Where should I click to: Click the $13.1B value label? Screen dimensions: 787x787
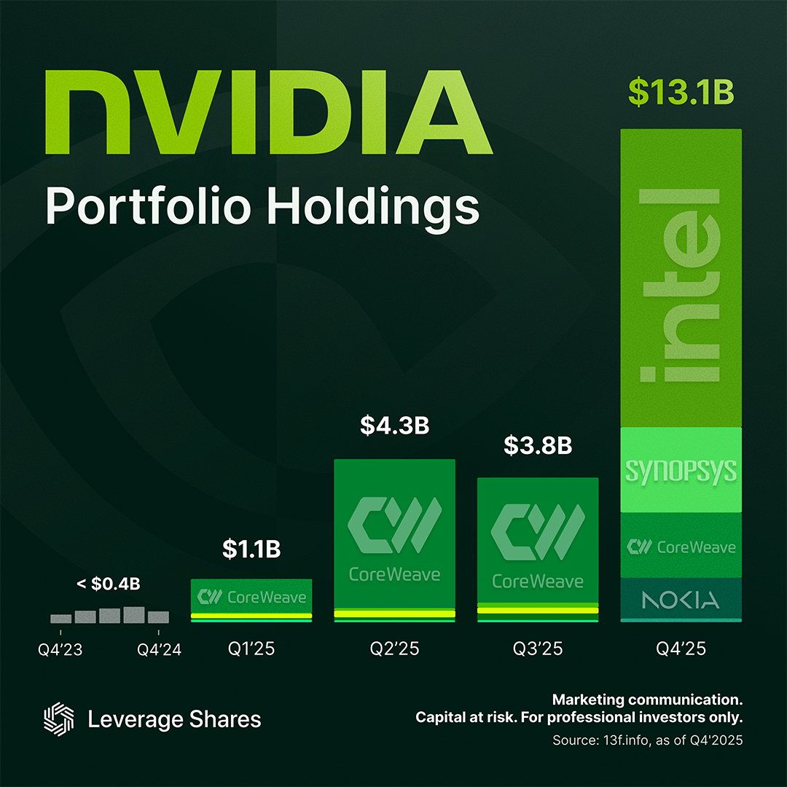tap(680, 93)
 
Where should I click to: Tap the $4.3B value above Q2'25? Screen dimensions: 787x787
tap(394, 426)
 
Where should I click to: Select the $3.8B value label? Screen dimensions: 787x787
tap(538, 446)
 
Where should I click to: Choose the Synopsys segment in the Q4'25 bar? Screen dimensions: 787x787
tap(680, 470)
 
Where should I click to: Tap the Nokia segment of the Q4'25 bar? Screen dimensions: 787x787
tap(680, 600)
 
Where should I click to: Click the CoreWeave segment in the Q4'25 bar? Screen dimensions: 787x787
tap(680, 547)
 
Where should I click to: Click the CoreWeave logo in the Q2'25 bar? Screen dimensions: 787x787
tap(394, 525)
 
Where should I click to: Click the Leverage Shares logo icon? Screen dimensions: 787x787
tap(59, 719)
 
